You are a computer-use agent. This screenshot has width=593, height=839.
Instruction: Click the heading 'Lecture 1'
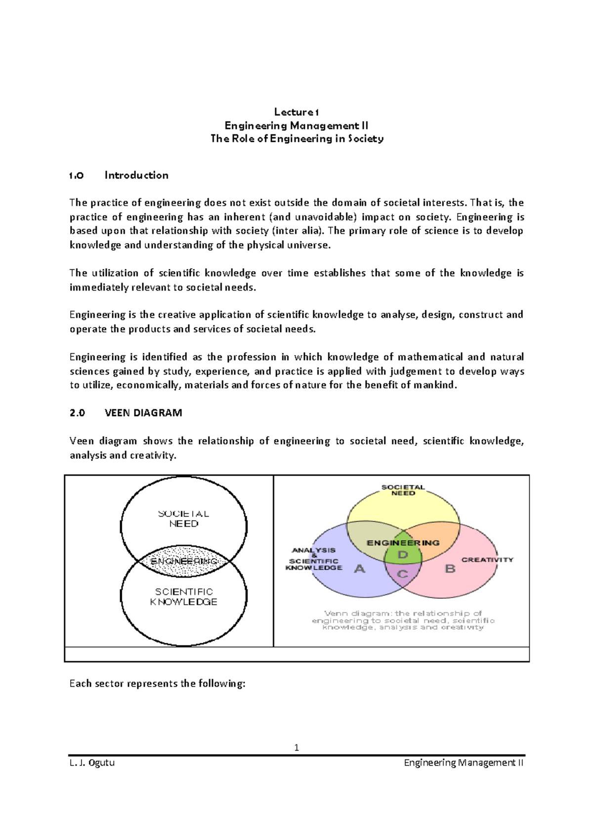point(296,112)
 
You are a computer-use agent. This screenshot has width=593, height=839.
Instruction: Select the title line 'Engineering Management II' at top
point(296,126)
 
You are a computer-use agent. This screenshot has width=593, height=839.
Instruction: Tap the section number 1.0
point(77,175)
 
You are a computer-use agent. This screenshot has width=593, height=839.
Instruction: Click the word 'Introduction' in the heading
point(136,175)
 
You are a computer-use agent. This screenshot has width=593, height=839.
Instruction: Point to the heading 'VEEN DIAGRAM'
point(143,413)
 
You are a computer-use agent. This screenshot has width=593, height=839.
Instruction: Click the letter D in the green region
point(403,555)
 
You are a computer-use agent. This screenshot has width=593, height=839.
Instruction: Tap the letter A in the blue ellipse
point(360,569)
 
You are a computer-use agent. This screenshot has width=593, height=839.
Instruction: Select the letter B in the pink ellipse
point(450,569)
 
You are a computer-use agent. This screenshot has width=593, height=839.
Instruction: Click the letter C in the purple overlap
point(402,574)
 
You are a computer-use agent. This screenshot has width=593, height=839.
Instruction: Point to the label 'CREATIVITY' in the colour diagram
point(487,560)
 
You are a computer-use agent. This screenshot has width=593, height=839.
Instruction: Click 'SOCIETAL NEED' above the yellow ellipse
point(403,490)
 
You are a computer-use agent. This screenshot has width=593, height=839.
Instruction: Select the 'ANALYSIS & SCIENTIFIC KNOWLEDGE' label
point(314,559)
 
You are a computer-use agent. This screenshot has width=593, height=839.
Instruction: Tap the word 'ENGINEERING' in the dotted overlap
point(183,561)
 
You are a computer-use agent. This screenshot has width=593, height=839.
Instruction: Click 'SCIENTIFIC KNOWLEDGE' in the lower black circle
point(184,597)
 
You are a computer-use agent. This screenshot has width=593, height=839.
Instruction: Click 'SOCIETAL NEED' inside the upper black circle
point(184,519)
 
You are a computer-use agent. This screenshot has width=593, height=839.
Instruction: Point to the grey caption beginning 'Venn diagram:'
point(403,620)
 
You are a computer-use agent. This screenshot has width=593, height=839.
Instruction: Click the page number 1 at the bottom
point(296,748)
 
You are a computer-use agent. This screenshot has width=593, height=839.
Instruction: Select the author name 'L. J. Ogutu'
point(92,763)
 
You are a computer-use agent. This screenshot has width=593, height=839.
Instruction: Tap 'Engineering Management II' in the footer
point(464,763)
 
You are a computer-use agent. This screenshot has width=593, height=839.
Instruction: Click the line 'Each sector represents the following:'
point(157,684)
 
